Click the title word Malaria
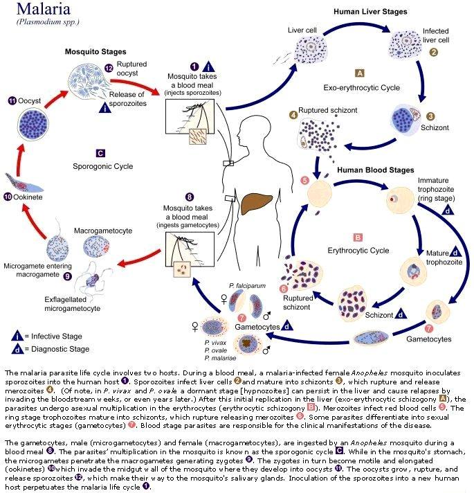(x=44, y=9)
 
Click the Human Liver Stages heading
(x=370, y=12)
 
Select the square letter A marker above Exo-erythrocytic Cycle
(x=360, y=73)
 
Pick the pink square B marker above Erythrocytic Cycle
(x=358, y=237)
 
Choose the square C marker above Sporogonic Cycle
(x=100, y=153)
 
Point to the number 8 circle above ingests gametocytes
(x=189, y=197)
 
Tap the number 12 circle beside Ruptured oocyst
(x=109, y=69)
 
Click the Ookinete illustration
(x=24, y=183)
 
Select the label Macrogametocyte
(x=103, y=231)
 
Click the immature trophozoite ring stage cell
(x=400, y=199)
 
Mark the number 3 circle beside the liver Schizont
(x=430, y=116)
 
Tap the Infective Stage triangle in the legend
(x=17, y=336)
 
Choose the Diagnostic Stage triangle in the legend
(x=17, y=349)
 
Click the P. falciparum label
(x=247, y=286)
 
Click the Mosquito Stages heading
(x=95, y=51)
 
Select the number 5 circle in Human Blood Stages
(x=304, y=181)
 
